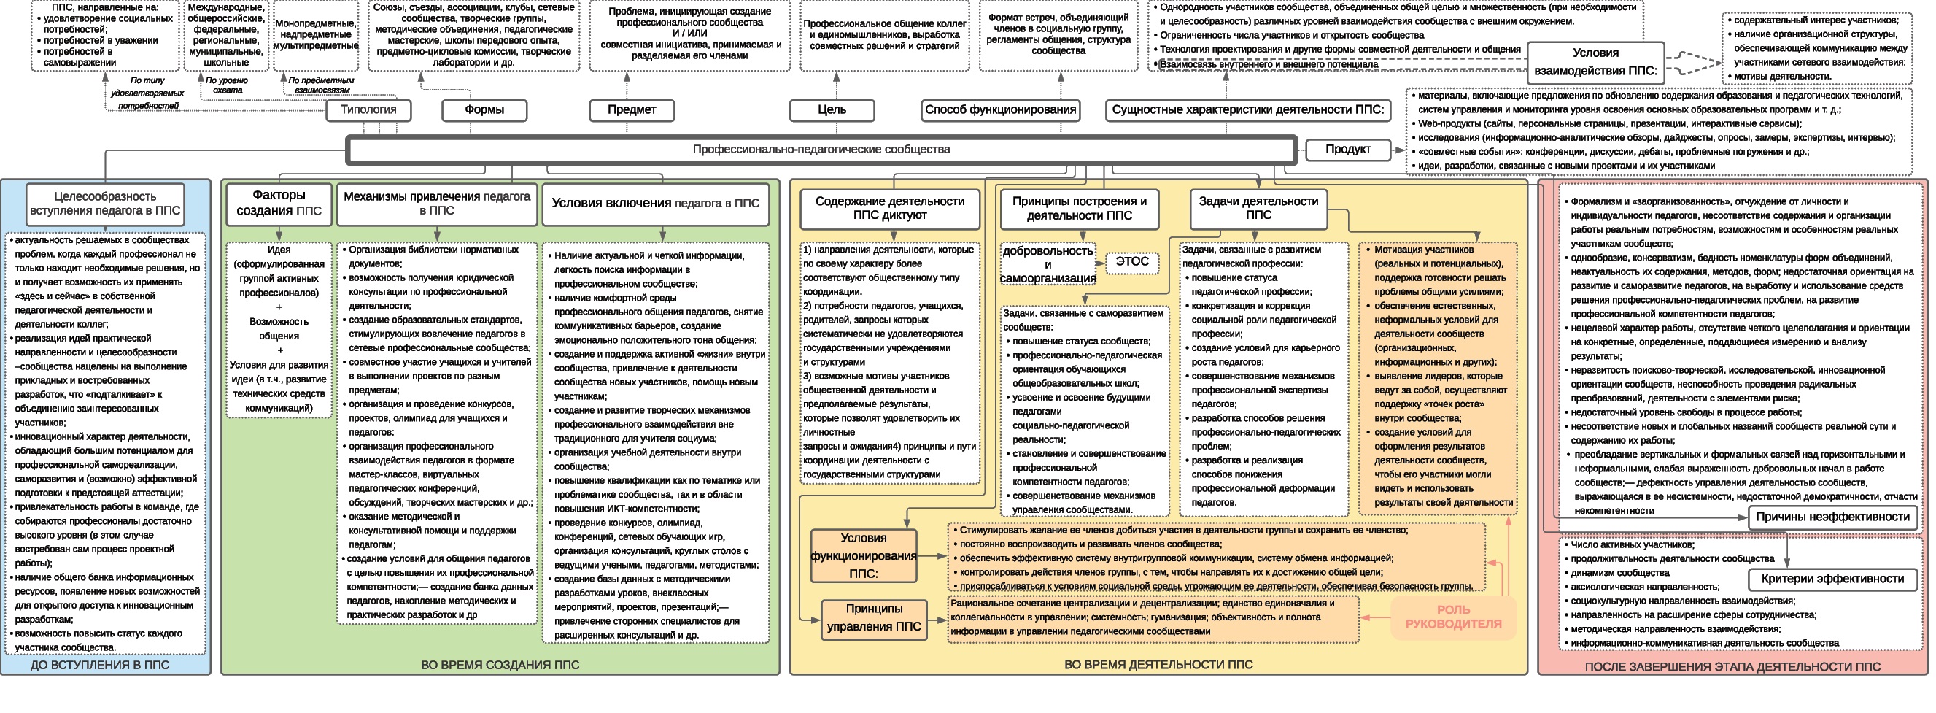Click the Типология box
click(368, 109)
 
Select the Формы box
click(484, 109)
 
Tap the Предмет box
click(631, 109)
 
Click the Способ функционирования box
click(1000, 109)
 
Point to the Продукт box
click(1347, 150)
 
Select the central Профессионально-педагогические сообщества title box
click(821, 150)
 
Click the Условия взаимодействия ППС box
click(1595, 63)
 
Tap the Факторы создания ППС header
click(279, 203)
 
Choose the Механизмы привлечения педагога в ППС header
click(437, 203)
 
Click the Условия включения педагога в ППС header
click(655, 203)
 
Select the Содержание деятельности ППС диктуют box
click(890, 208)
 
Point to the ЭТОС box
click(1132, 262)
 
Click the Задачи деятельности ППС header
click(1258, 208)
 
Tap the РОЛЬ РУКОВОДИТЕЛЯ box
click(1454, 617)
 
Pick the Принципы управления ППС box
click(873, 618)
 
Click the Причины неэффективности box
click(1832, 517)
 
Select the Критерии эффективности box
click(1832, 579)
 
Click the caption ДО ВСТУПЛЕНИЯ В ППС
click(100, 665)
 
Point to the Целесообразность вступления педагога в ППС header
click(105, 204)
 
